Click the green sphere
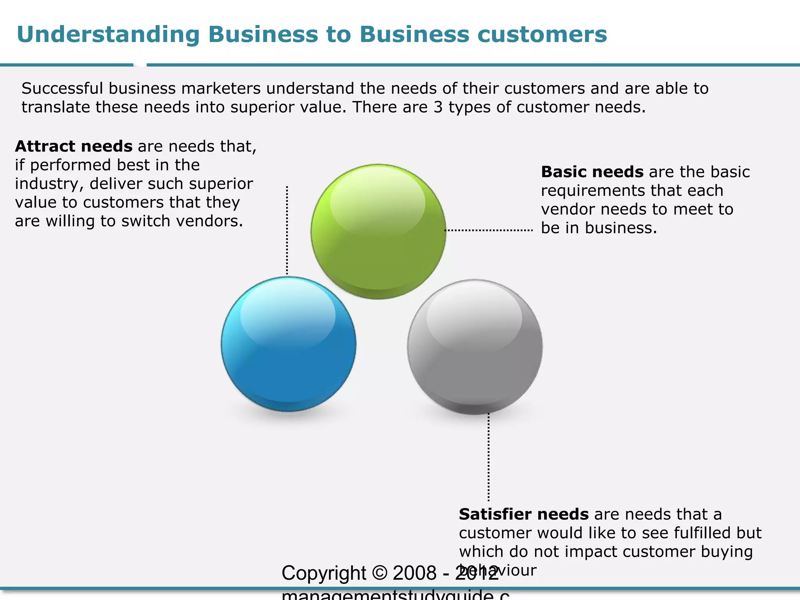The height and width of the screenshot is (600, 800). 378,232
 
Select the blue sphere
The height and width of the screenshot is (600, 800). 288,344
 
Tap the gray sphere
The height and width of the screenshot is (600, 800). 475,346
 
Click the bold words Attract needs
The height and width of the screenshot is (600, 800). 73,146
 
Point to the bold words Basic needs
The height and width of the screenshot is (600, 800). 592,172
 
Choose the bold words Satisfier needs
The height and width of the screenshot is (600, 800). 523,514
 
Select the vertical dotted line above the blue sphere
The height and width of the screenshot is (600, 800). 287,230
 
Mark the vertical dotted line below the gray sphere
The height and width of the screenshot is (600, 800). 488,457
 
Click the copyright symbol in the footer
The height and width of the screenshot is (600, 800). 380,573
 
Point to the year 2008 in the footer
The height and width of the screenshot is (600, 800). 414,573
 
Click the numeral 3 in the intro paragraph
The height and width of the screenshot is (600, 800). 437,107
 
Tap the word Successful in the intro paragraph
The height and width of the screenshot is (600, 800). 62,89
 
